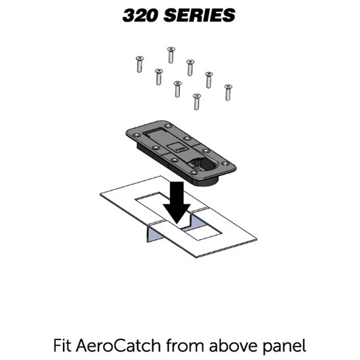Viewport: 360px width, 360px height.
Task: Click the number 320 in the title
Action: [x=140, y=15]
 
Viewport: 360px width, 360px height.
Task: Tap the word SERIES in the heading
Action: [x=199, y=15]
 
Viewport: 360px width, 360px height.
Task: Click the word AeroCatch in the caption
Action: [x=118, y=345]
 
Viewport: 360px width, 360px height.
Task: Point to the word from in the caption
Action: [x=185, y=345]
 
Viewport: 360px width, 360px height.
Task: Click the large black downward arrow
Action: [x=177, y=202]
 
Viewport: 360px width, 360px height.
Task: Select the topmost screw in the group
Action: [x=171, y=55]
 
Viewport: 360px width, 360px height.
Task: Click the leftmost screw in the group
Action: [x=140, y=64]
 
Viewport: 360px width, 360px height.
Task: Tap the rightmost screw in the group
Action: [x=228, y=93]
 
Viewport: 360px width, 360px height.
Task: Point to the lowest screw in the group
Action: [x=197, y=102]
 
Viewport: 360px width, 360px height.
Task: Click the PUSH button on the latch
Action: [x=177, y=148]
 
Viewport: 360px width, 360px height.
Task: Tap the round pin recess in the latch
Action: [x=200, y=163]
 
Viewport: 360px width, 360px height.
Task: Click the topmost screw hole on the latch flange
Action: [x=168, y=126]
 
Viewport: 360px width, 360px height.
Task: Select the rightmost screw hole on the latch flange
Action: [x=225, y=163]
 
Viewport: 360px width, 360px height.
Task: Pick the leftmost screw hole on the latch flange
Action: [x=137, y=135]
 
